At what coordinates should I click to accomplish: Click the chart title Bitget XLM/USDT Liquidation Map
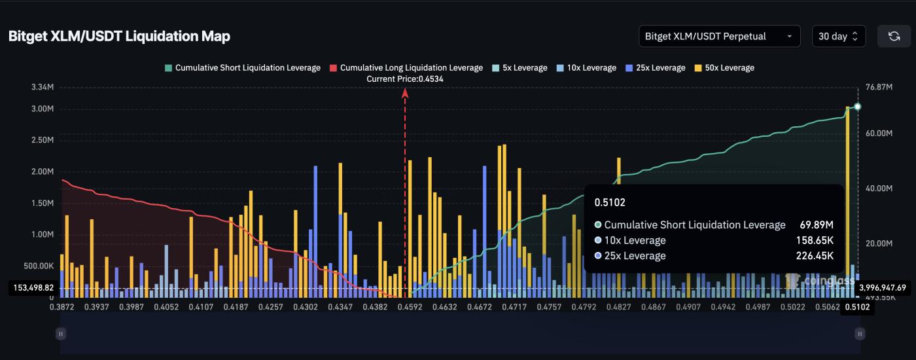[119, 37]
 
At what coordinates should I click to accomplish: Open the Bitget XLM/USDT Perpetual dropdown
[719, 37]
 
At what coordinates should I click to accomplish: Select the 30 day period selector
[838, 37]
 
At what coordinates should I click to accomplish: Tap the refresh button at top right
[894, 37]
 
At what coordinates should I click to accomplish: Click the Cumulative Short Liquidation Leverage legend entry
[243, 68]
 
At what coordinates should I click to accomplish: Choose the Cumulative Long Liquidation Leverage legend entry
[406, 68]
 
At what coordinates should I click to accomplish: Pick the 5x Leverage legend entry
[520, 68]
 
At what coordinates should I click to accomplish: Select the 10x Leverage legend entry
[586, 68]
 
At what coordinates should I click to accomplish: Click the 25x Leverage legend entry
[656, 68]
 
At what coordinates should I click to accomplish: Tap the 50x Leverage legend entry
[724, 68]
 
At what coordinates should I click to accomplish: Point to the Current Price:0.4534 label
[404, 79]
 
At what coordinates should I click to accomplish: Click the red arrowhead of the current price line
[405, 93]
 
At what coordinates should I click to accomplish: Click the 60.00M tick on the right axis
[879, 134]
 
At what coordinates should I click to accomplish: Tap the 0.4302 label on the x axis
[305, 306]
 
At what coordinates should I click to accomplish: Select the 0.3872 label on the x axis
[61, 306]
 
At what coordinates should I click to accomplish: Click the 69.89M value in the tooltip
[816, 225]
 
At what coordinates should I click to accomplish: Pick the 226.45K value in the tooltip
[815, 256]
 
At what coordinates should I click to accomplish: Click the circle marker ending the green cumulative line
[857, 107]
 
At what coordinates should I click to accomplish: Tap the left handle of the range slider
[61, 334]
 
